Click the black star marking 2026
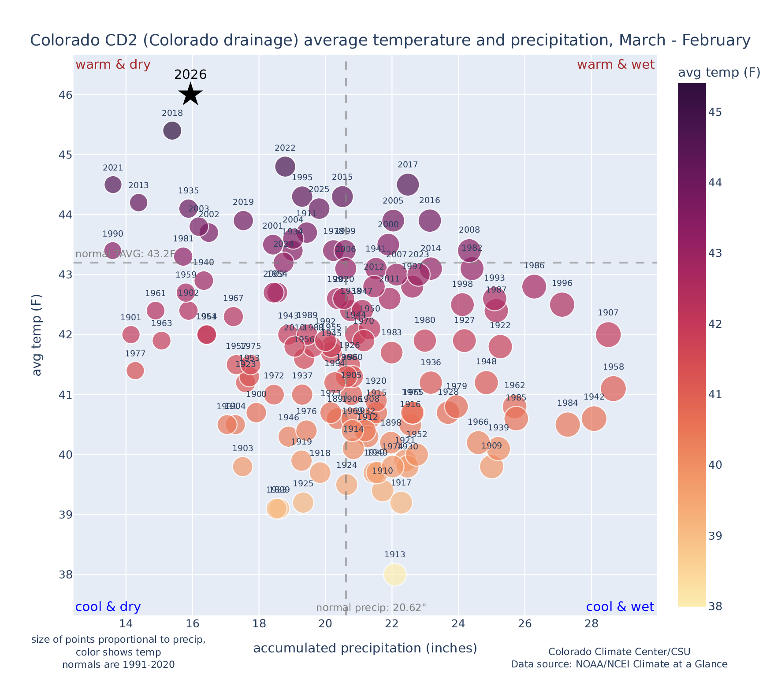click(x=190, y=94)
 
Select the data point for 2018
click(x=172, y=130)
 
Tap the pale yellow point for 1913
click(x=394, y=574)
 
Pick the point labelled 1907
click(x=608, y=334)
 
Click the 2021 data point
click(x=113, y=184)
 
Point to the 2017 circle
click(x=408, y=184)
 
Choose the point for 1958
click(x=613, y=389)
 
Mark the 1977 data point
click(x=135, y=370)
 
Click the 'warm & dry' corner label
click(x=113, y=65)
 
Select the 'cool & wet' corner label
click(x=620, y=607)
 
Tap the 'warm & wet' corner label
click(x=615, y=65)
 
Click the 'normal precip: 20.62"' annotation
click(x=371, y=608)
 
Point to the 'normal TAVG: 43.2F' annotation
click(x=125, y=254)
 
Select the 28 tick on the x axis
click(x=591, y=624)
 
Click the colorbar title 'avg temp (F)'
click(x=719, y=73)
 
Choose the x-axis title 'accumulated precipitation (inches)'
click(x=365, y=648)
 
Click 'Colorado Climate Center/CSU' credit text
click(x=619, y=652)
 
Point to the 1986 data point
click(x=534, y=286)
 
